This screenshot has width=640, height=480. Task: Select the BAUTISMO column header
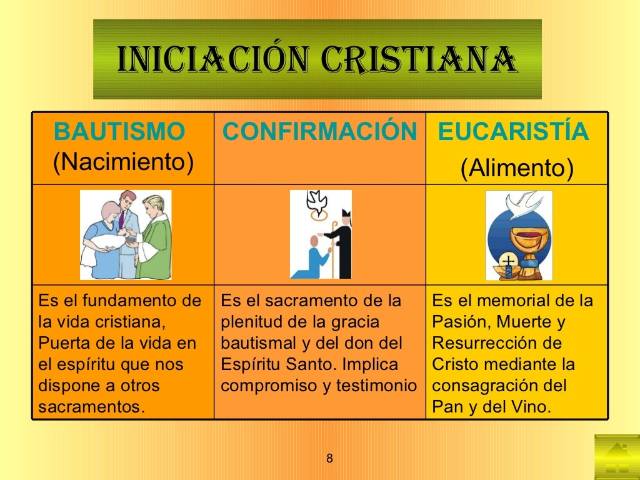119,132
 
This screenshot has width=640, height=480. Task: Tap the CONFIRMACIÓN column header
319,132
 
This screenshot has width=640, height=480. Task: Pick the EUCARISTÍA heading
513,132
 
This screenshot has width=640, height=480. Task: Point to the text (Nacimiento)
123,162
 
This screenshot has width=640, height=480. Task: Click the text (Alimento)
517,168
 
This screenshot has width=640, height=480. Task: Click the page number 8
329,459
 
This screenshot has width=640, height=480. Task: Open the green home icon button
616,457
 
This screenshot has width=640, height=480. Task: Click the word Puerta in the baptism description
60,344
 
